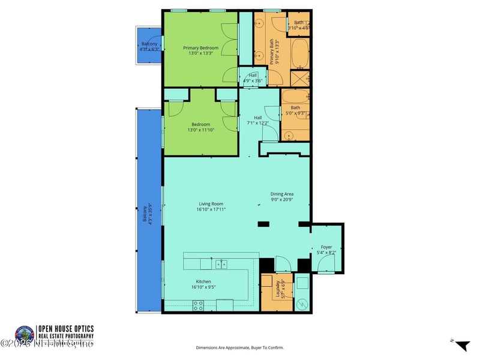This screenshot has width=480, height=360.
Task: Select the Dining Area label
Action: [281, 194]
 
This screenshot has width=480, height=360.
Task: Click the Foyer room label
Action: [326, 247]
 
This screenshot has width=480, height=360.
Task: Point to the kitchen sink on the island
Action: [221, 263]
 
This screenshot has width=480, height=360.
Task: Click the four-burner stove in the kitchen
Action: [198, 305]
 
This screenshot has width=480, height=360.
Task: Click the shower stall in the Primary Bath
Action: [299, 79]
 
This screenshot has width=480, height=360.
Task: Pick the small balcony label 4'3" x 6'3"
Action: [149, 47]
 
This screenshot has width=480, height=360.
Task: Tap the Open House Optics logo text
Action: [66, 332]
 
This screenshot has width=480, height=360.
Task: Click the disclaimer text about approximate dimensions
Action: [239, 347]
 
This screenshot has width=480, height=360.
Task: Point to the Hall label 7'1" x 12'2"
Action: [258, 121]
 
